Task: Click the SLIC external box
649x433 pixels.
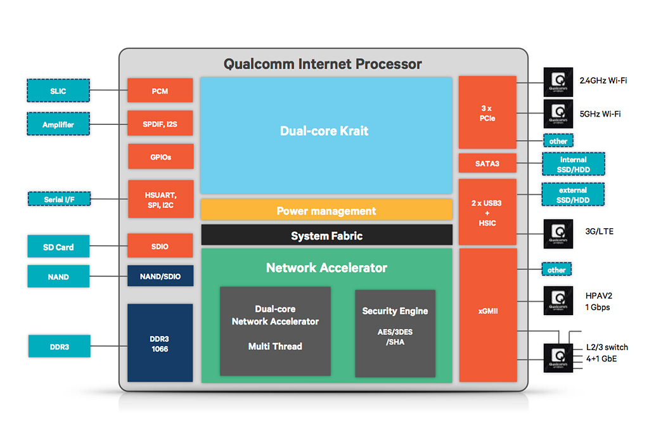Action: coord(58,91)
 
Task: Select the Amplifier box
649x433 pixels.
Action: coord(58,124)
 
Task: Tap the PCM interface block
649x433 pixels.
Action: coord(160,91)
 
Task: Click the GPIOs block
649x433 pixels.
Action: coord(160,157)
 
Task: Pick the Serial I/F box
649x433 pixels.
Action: coord(58,199)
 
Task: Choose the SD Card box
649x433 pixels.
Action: coord(58,247)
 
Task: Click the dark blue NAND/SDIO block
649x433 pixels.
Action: coord(160,276)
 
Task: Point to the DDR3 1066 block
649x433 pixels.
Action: coord(160,343)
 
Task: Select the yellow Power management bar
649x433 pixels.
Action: coord(326,210)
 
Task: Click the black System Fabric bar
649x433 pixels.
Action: coord(326,236)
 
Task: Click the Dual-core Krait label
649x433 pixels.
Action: coord(324,131)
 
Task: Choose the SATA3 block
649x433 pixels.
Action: coord(487,164)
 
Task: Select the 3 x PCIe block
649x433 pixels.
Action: coord(487,113)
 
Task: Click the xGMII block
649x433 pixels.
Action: coord(487,311)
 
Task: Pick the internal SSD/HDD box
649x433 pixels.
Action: coord(573,164)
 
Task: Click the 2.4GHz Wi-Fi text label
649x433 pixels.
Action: coord(603,81)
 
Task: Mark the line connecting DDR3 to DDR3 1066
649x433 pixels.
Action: coord(108,346)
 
